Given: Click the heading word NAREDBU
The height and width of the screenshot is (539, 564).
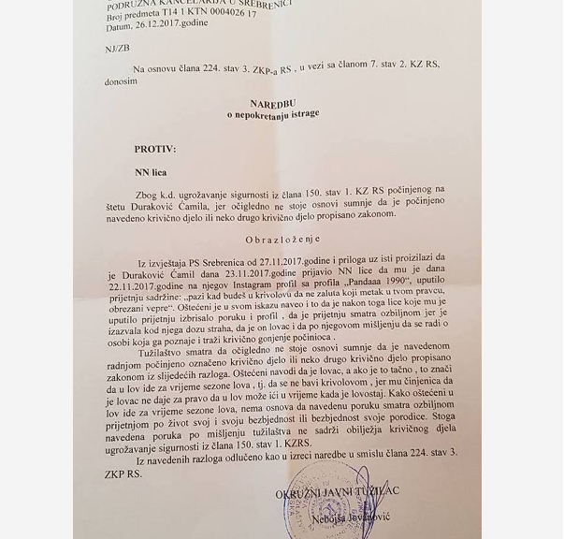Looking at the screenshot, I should click(x=277, y=103).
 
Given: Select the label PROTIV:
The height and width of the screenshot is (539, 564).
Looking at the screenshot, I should click(x=155, y=149).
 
